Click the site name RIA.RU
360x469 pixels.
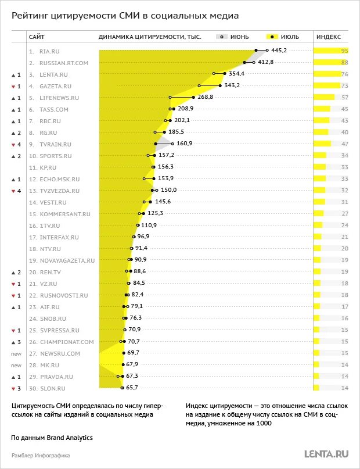(x=49, y=51)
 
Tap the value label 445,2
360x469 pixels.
(x=279, y=51)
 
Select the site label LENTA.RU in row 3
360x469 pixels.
(x=53, y=74)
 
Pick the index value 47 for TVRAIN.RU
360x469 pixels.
(x=344, y=144)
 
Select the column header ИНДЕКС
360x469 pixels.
(x=328, y=36)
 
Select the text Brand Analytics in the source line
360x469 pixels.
(x=71, y=437)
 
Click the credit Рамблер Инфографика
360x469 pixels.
(x=41, y=456)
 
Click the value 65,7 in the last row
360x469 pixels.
(x=133, y=388)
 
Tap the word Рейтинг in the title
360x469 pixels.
(x=32, y=16)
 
